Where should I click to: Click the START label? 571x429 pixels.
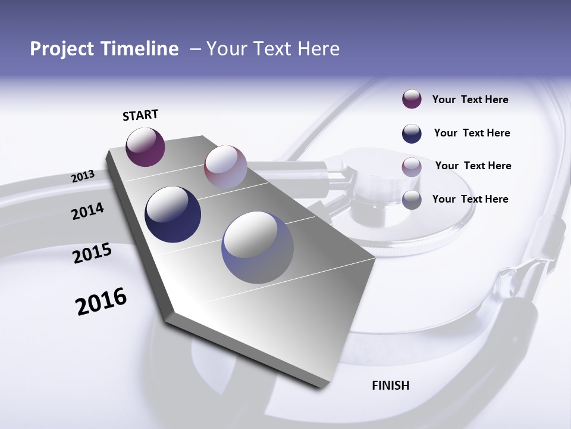click(140, 115)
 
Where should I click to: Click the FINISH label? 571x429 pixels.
click(391, 386)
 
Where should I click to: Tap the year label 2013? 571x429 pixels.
click(83, 176)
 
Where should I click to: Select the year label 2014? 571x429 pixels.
click(88, 212)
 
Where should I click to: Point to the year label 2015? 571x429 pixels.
click(92, 253)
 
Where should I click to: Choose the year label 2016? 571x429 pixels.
click(101, 301)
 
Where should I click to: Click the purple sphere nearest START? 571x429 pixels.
click(145, 147)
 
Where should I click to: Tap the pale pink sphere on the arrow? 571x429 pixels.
click(225, 166)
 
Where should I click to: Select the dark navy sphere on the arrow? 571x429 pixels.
click(172, 214)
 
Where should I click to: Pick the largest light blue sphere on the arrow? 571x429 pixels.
click(258, 248)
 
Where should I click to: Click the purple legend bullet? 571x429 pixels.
click(412, 99)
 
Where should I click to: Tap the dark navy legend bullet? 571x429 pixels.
click(412, 133)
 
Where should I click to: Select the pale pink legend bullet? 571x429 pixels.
click(412, 167)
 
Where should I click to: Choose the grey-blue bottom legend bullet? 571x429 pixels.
click(412, 200)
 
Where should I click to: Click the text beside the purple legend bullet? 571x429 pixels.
click(470, 100)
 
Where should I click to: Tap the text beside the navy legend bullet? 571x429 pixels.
click(472, 133)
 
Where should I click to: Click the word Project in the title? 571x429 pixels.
click(62, 49)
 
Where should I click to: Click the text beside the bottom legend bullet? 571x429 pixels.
click(470, 199)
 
